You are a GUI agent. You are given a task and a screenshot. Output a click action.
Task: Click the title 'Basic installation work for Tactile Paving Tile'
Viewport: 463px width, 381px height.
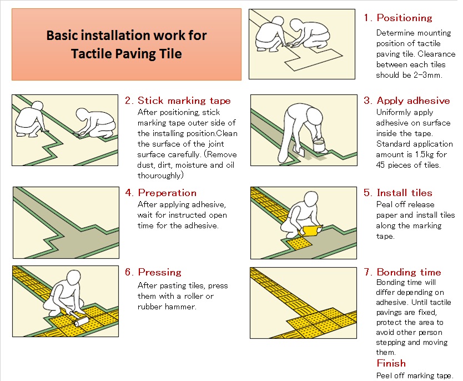[127, 44]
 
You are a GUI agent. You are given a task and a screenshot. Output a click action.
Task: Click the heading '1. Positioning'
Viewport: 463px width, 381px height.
[398, 18]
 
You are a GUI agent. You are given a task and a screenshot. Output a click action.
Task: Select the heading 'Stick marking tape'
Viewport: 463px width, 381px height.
[184, 101]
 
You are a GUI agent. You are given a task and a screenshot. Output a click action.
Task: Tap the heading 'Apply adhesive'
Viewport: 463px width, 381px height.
[413, 101]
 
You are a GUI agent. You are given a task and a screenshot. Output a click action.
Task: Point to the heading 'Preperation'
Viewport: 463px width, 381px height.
[167, 193]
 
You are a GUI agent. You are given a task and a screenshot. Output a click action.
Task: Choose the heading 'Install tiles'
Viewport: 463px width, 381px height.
[405, 193]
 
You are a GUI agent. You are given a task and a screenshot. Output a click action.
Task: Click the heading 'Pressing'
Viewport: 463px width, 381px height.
[159, 272]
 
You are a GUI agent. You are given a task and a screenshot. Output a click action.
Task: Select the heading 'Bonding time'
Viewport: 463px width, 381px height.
[409, 272]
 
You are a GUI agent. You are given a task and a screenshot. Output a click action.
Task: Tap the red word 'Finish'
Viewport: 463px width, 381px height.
[391, 363]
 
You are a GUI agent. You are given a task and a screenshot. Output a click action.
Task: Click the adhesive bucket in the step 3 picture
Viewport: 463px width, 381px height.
[319, 146]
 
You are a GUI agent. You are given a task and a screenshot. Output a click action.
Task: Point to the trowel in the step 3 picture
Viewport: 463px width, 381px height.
[299, 150]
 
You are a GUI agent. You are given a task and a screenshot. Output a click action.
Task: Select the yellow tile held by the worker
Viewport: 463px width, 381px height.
[310, 230]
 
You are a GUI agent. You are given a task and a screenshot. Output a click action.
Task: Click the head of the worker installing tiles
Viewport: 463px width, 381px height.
[311, 199]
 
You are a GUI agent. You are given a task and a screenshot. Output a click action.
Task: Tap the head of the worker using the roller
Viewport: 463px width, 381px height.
[73, 278]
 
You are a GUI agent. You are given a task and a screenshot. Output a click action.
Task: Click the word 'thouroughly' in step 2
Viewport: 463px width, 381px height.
[159, 176]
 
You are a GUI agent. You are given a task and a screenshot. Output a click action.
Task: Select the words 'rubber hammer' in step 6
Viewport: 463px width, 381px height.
[167, 307]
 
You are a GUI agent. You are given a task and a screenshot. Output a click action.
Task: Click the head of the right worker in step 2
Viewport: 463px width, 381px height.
[82, 114]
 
